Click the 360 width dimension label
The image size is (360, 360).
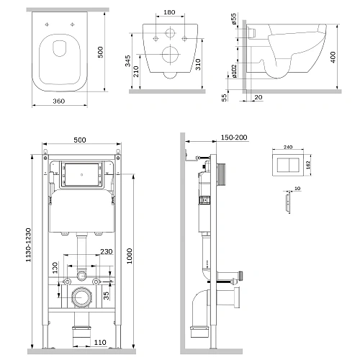[59, 102]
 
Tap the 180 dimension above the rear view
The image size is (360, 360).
[169, 12]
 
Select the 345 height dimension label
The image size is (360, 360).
[128, 60]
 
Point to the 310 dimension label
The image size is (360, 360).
[198, 64]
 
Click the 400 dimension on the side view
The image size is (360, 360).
[333, 57]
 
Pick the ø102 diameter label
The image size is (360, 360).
[234, 71]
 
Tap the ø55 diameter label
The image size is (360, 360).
[234, 19]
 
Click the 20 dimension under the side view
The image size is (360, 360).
[258, 97]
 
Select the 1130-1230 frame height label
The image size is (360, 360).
[29, 245]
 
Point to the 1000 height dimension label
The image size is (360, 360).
[130, 256]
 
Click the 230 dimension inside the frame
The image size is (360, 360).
[107, 251]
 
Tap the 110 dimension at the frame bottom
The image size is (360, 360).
[100, 342]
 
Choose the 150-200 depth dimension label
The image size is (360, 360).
[234, 138]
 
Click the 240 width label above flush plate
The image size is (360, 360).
[288, 147]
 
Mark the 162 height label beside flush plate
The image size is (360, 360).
[308, 165]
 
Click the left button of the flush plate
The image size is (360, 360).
[283, 165]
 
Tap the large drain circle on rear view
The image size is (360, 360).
[171, 55]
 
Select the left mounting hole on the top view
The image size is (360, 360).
[47, 24]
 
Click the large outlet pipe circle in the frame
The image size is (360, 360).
[81, 297]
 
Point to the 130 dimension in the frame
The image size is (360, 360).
[55, 268]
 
